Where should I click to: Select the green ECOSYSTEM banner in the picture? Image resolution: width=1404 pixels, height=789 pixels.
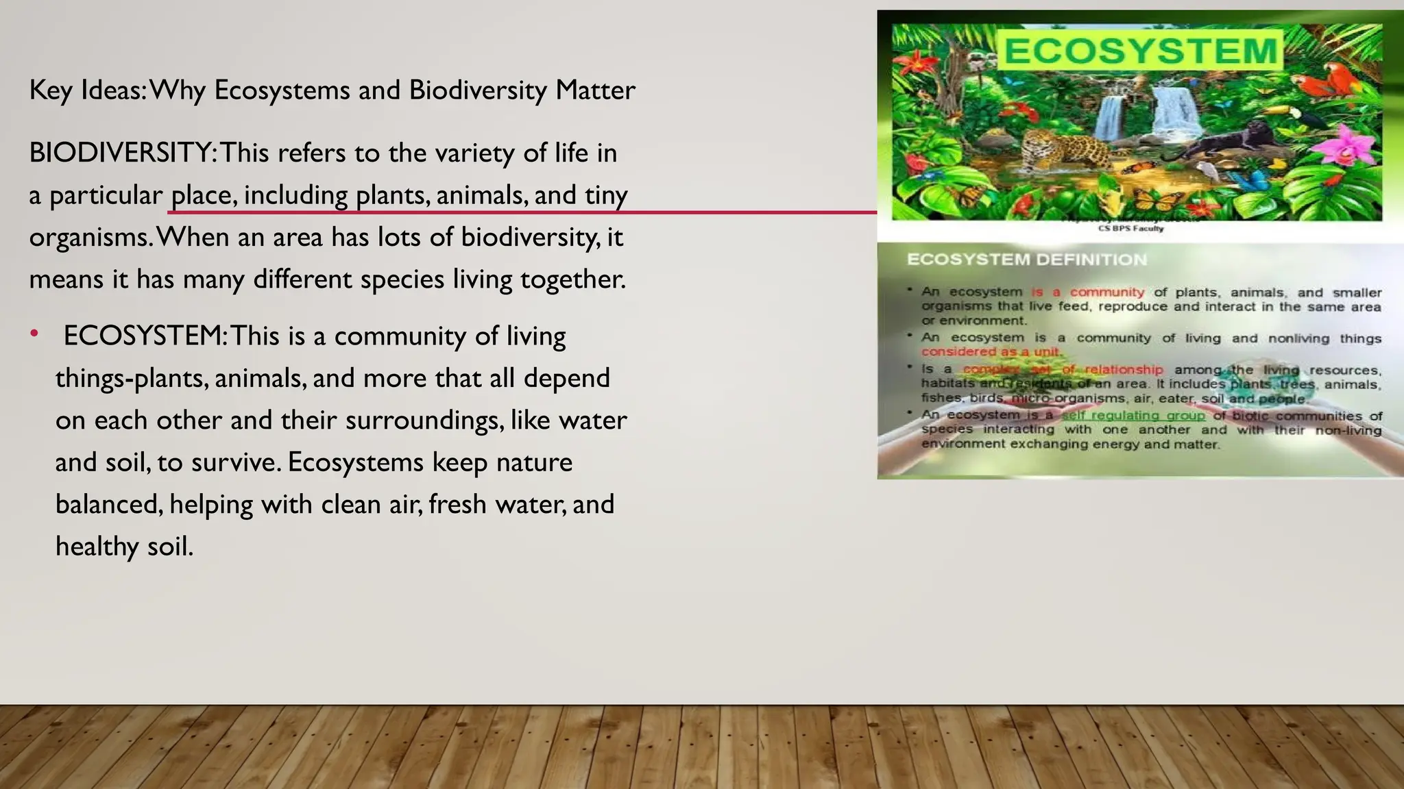(1139, 51)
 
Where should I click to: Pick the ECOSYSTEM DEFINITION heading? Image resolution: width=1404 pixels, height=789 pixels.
(1026, 260)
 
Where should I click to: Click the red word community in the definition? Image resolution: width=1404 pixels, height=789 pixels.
(1106, 292)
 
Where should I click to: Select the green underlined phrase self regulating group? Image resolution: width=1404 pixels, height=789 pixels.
(1133, 416)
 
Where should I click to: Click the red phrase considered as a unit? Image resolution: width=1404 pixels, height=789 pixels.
(990, 351)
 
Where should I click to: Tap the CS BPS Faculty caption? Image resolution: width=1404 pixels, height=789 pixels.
(1130, 229)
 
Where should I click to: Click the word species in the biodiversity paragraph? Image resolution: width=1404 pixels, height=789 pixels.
(402, 279)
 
